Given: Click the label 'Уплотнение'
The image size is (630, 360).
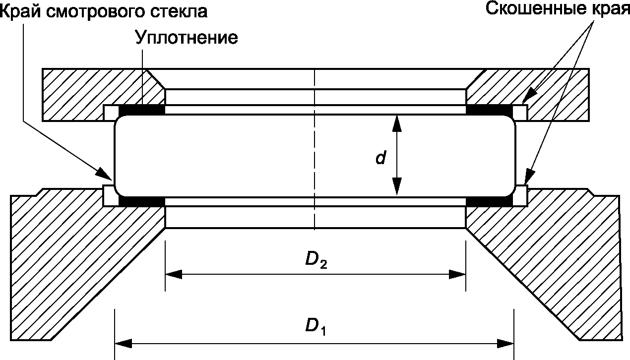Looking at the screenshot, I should click(x=187, y=38).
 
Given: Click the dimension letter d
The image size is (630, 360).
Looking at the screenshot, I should click(x=380, y=158).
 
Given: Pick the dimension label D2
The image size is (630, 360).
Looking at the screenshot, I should click(x=315, y=260).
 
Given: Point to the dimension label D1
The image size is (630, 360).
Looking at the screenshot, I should click(x=315, y=326).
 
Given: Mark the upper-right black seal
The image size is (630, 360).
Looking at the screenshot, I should click(x=489, y=109).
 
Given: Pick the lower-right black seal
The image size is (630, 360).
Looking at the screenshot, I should click(x=489, y=201).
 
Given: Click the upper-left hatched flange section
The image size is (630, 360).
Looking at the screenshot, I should click(x=79, y=94).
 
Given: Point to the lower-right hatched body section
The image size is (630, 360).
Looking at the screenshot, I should click(x=556, y=258).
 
